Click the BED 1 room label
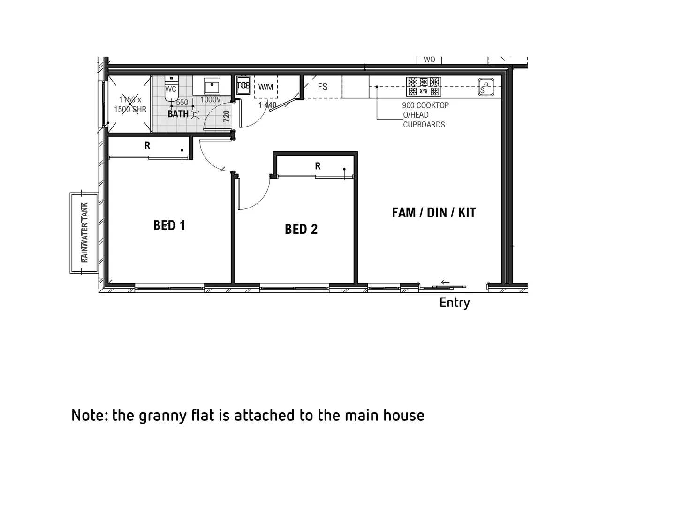coord(169,225)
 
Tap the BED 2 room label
coord(301,229)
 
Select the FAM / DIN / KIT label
coord(433,213)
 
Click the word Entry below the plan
coord(455,303)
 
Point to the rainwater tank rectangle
coord(84,232)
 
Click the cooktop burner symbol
coord(424,86)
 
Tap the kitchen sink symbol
coord(486,87)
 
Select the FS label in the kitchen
coord(323,87)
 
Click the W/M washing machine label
coord(265,87)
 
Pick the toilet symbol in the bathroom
coord(171,89)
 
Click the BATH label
coord(178,114)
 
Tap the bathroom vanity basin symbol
coord(212,86)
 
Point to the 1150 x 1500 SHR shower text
coord(130,104)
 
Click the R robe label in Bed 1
coord(147,146)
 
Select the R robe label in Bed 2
coord(318,166)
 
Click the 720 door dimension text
coord(227,116)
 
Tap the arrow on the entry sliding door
coord(445,282)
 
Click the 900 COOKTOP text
coord(425,105)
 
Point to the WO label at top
coord(429,60)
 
